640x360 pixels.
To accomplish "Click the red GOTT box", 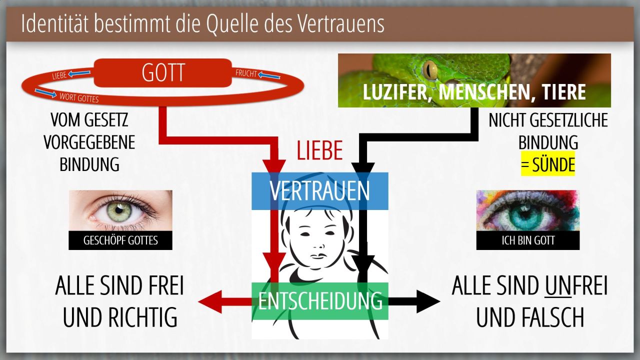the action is tap(162, 73).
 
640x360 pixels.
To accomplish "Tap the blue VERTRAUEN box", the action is tap(319, 191).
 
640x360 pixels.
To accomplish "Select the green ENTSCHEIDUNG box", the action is tap(319, 301).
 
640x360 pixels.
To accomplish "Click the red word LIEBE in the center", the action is tap(319, 150).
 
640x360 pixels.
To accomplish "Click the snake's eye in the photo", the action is tap(430, 69).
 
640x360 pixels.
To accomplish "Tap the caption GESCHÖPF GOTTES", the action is tap(120, 240).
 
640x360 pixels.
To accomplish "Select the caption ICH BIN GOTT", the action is tap(528, 240).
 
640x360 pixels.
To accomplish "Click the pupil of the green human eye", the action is tap(119, 210).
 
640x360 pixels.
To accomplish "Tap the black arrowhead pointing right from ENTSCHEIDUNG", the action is tap(428, 301).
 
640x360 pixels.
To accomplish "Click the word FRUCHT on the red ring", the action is tap(246, 73).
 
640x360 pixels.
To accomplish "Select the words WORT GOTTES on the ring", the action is tap(79, 97).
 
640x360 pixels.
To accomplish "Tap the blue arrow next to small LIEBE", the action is tap(79, 73).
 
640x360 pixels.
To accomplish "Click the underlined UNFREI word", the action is tap(575, 285).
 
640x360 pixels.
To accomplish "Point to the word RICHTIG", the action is tap(143, 317).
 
